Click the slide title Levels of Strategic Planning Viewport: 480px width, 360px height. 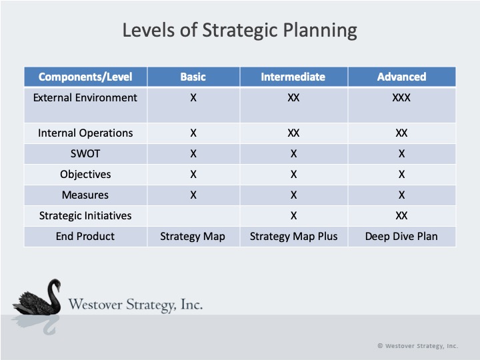(240, 31)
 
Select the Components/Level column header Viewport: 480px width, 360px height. (85, 77)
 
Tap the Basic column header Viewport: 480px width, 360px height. (193, 77)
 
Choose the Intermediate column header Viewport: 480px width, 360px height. (293, 77)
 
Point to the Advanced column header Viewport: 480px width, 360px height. (401, 77)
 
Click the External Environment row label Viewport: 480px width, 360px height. (85, 97)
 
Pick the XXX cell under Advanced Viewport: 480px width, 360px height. (401, 97)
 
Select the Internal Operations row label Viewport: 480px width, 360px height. (85, 133)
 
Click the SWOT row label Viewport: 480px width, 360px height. (85, 153)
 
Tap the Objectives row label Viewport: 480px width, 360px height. (85, 174)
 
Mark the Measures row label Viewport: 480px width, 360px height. (85, 195)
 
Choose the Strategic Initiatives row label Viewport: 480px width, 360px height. (85, 215)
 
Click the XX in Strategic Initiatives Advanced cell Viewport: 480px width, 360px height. (401, 215)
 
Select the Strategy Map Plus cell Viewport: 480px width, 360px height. (293, 236)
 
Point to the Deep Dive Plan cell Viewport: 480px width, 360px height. (401, 236)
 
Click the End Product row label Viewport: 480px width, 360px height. (85, 236)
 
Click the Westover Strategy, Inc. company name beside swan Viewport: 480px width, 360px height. (135, 305)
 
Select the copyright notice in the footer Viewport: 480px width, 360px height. (417, 346)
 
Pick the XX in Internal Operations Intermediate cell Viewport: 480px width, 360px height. (293, 133)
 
